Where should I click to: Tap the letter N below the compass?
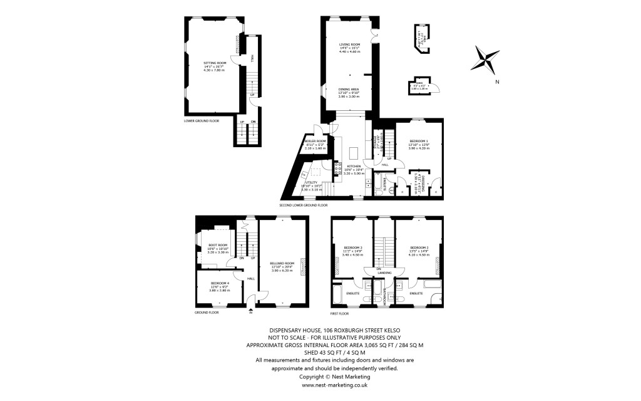(496, 81)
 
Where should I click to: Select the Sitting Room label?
(213, 66)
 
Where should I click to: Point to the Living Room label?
(349, 47)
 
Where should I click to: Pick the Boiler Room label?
(315, 144)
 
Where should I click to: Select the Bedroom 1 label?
(419, 143)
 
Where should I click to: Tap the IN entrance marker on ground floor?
(250, 311)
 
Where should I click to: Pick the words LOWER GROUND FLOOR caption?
(202, 120)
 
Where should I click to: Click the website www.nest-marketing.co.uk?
(325, 385)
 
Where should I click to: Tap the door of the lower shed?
(436, 88)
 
